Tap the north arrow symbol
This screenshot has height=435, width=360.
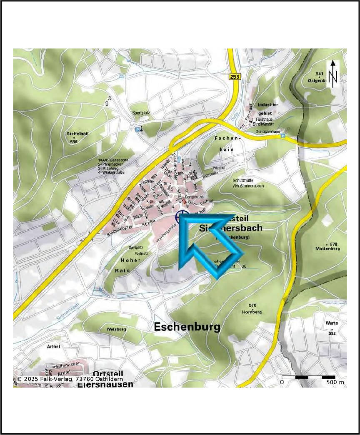(x=332, y=74)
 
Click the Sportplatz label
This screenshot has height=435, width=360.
(x=140, y=113)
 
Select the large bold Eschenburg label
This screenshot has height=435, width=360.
(x=187, y=327)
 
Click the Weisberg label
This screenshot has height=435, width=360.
(x=116, y=329)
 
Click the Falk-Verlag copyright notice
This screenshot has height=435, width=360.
(x=70, y=379)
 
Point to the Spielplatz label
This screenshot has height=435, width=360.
(x=139, y=248)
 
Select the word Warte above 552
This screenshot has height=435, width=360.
(x=332, y=323)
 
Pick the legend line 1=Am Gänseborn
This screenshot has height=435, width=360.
(x=113, y=160)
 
